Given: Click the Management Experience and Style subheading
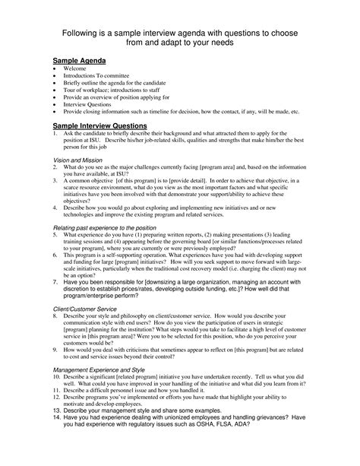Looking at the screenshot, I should [x=104, y=369].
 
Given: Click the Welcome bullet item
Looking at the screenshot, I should [x=77, y=68].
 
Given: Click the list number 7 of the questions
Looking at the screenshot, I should [x=55, y=281].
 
